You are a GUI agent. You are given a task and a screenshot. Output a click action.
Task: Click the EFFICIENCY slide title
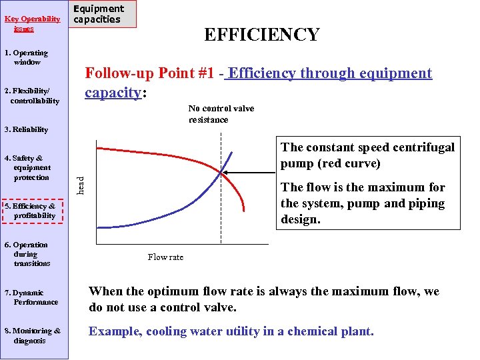pyautogui.click(x=261, y=35)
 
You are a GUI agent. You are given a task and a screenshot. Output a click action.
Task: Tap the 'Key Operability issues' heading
pyautogui.click(x=32, y=24)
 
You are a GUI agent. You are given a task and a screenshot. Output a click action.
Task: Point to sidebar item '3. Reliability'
pyautogui.click(x=26, y=129)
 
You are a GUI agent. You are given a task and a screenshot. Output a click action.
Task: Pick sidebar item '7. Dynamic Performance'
pyautogui.click(x=31, y=297)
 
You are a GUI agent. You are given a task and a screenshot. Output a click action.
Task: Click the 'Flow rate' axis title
pyautogui.click(x=165, y=257)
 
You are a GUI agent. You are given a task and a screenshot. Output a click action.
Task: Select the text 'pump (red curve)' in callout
pyautogui.click(x=331, y=163)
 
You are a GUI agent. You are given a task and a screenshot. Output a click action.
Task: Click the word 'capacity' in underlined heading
pyautogui.click(x=113, y=92)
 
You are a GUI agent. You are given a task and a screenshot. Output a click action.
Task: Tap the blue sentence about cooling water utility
pyautogui.click(x=231, y=331)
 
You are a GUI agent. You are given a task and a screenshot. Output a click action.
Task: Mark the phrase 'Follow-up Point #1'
pyautogui.click(x=149, y=73)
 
